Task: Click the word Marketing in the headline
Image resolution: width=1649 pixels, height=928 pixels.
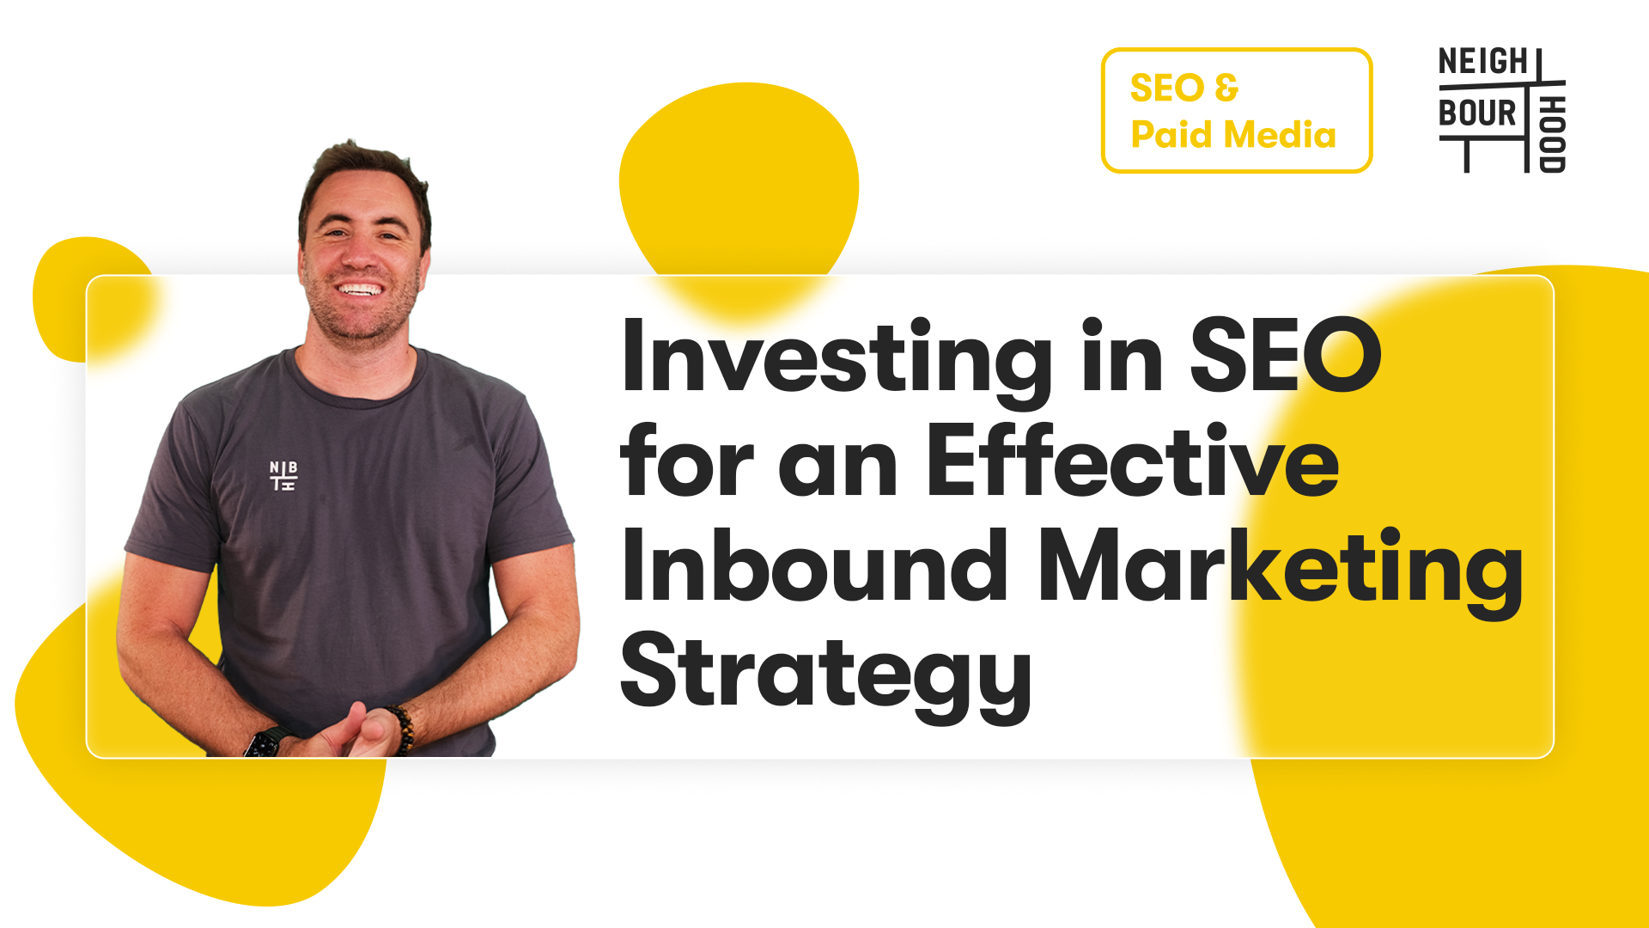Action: click(1281, 572)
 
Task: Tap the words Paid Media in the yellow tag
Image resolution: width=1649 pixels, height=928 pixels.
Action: click(1233, 134)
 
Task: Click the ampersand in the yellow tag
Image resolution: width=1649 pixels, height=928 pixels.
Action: click(1227, 87)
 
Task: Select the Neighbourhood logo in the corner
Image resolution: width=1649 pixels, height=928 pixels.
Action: click(1502, 110)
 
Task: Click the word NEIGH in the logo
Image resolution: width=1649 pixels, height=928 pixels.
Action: click(1483, 62)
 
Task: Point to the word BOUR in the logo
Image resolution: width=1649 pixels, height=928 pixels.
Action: click(1477, 113)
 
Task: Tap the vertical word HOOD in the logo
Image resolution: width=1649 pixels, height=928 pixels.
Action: click(1552, 134)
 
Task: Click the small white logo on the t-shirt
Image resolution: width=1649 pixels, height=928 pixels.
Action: click(283, 475)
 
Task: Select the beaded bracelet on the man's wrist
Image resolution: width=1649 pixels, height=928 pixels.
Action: click(402, 730)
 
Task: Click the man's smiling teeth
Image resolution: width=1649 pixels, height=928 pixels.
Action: click(361, 289)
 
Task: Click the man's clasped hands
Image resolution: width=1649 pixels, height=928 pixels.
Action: click(348, 733)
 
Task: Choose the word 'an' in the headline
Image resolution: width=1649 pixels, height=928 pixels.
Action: click(838, 469)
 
